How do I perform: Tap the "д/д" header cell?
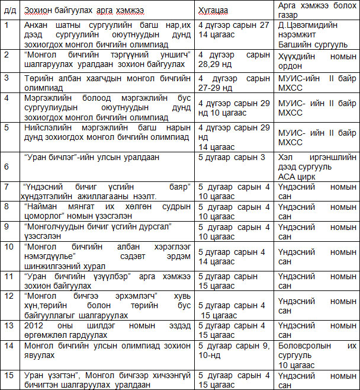point(10,11)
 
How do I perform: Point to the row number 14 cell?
point(10,354)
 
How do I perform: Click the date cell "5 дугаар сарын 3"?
point(234,157)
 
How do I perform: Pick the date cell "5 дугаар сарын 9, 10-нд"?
point(234,350)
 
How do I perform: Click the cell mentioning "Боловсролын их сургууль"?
point(317,354)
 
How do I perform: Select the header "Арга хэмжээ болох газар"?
point(317,11)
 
